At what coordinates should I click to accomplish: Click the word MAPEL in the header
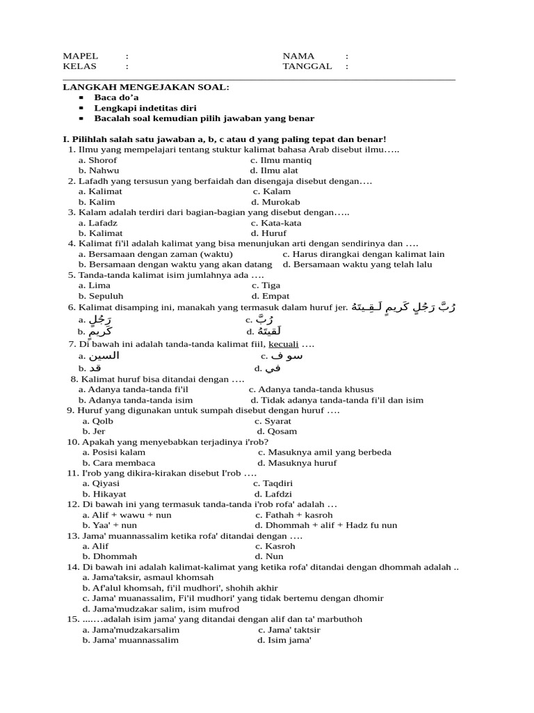click(x=81, y=56)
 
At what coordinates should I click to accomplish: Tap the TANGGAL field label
click(x=307, y=66)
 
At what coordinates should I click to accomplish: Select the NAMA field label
click(x=298, y=56)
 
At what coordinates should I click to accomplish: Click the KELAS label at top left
click(x=80, y=66)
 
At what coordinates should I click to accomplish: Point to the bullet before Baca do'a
click(x=81, y=98)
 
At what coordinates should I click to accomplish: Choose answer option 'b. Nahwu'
click(x=99, y=170)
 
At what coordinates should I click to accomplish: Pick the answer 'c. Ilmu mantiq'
click(x=281, y=160)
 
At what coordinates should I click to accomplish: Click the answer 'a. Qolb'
click(x=97, y=421)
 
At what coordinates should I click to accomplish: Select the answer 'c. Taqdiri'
click(x=273, y=483)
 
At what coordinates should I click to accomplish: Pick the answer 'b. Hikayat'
click(x=104, y=494)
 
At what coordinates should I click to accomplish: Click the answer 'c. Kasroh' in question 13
click(x=275, y=546)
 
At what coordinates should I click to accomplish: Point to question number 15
click(x=73, y=619)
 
